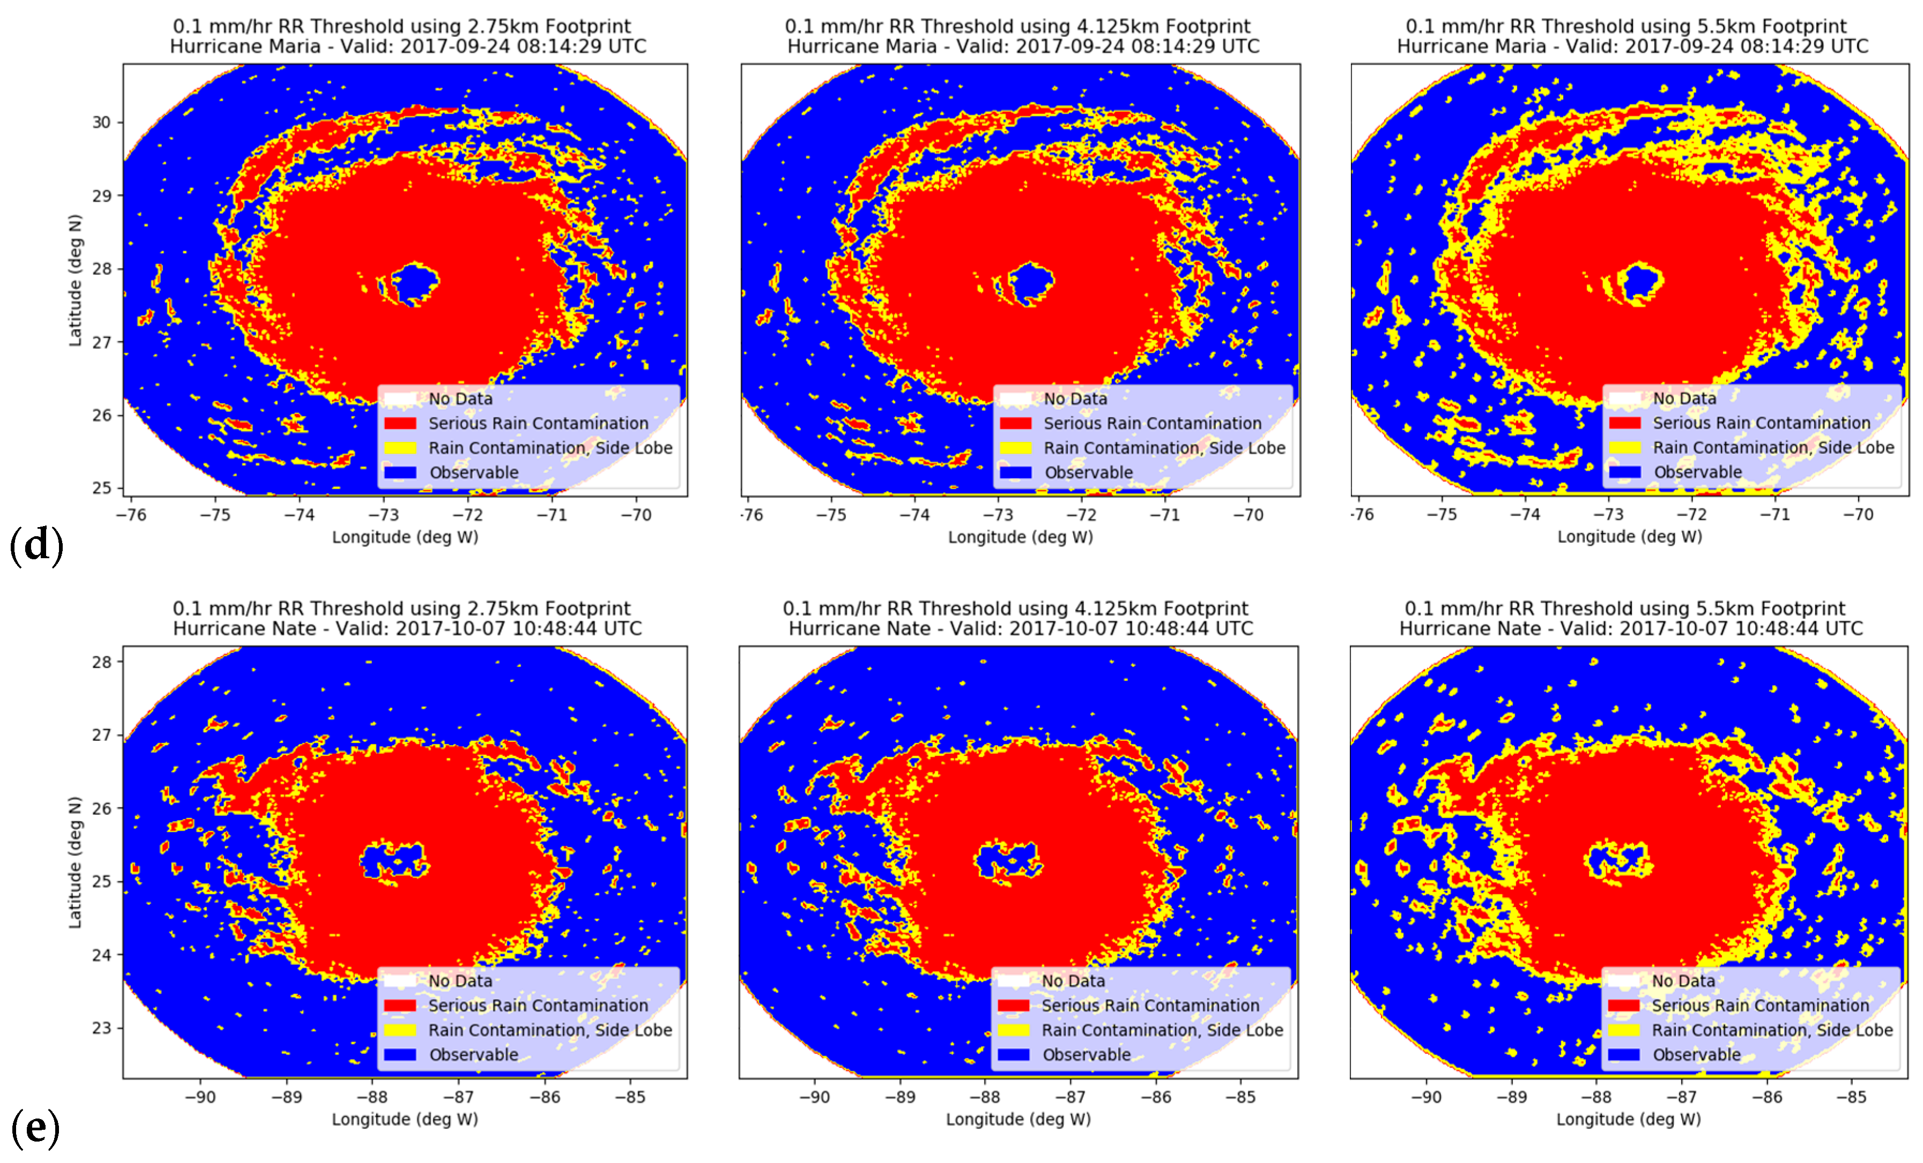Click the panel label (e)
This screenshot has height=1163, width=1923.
pyautogui.click(x=35, y=1128)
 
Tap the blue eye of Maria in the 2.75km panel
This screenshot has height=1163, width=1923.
pyautogui.click(x=414, y=282)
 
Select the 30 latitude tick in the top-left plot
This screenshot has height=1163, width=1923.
pyautogui.click(x=101, y=123)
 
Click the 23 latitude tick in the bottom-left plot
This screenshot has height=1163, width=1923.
pyautogui.click(x=101, y=1028)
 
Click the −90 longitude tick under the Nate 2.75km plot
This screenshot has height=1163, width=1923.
pyautogui.click(x=200, y=1097)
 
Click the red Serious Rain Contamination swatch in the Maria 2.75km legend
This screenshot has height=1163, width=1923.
pyautogui.click(x=400, y=423)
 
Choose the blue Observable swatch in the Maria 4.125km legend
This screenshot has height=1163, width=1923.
pyautogui.click(x=1015, y=472)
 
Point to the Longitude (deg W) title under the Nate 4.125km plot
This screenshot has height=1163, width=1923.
pyautogui.click(x=1019, y=1119)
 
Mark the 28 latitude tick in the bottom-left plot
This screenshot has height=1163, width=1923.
pyautogui.click(x=101, y=662)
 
